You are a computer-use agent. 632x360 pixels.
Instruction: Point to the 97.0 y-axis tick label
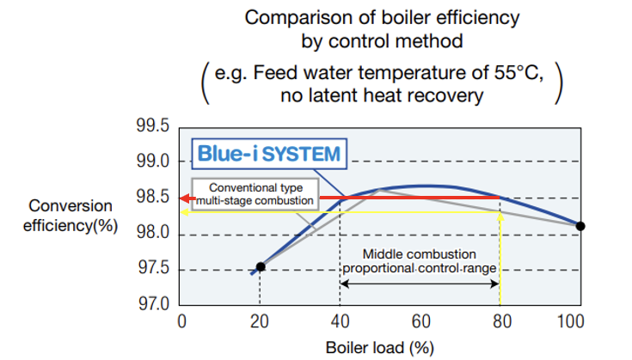(x=151, y=305)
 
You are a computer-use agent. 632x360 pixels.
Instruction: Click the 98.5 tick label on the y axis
(x=151, y=198)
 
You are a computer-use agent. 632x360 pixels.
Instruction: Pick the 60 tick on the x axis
(x=421, y=322)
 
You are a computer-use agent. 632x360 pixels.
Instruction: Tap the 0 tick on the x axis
(x=181, y=322)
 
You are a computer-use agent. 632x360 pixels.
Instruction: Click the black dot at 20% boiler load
(x=261, y=266)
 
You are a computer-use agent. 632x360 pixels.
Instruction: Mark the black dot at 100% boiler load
(x=580, y=226)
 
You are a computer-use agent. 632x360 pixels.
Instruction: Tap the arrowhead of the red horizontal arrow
(x=185, y=198)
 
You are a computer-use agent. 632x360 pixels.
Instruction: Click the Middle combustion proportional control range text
(x=421, y=261)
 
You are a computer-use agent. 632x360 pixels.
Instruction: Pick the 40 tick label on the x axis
(x=341, y=322)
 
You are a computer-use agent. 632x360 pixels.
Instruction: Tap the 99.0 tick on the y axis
(x=151, y=162)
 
